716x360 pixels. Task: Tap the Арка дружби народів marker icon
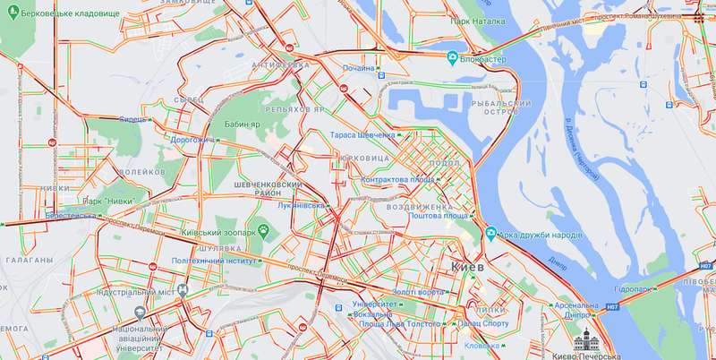[490, 235]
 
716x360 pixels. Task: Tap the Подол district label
[445, 163]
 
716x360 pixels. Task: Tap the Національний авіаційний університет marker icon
[140, 313]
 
